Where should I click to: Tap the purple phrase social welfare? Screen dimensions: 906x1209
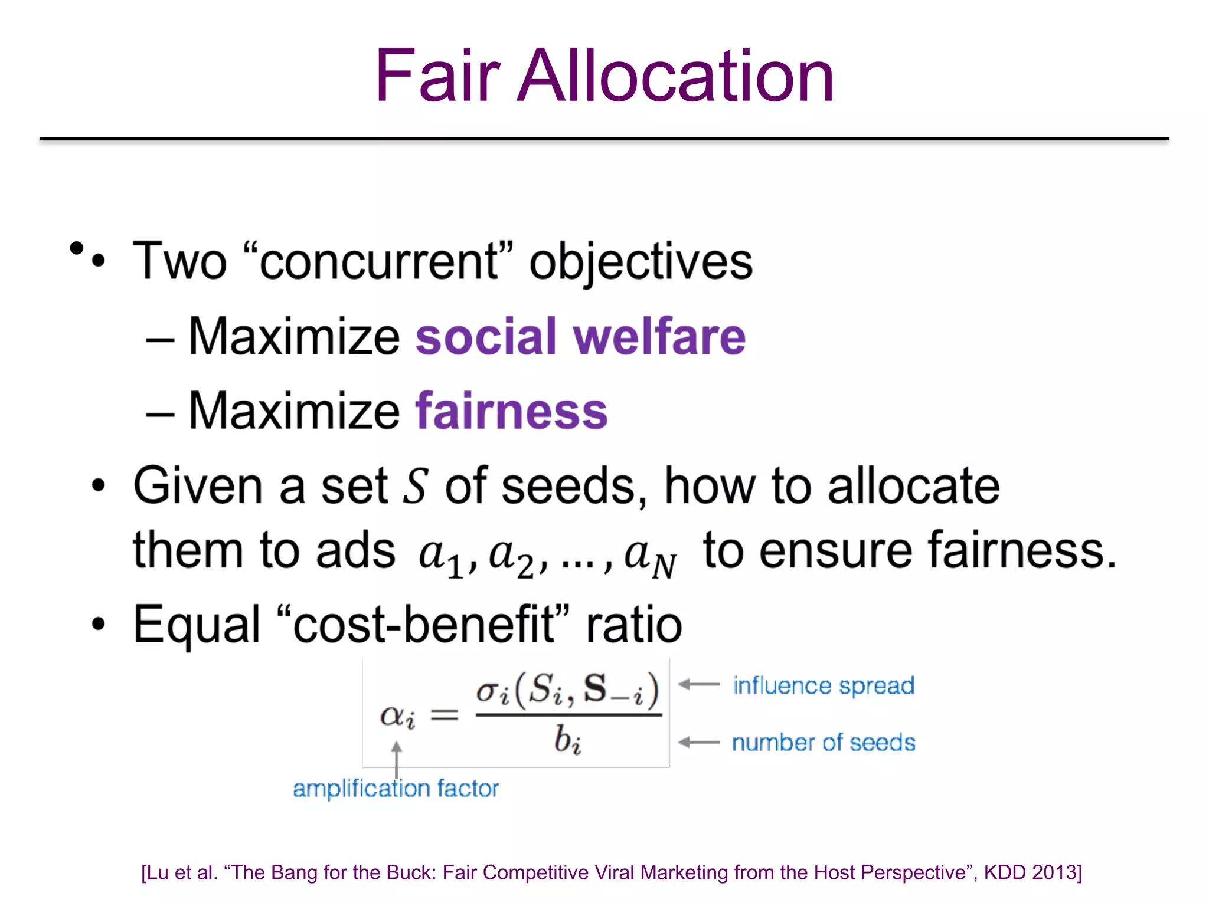pos(580,337)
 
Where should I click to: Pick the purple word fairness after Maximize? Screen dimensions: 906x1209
pos(511,411)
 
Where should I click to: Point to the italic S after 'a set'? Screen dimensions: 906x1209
pos(415,486)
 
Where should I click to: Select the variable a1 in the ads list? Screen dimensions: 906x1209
pos(440,557)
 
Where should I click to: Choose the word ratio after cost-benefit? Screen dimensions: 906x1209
pos(633,625)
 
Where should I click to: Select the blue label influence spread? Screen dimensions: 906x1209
pos(824,686)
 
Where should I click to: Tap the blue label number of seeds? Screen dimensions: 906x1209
pos(824,743)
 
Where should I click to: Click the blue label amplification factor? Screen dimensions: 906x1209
pos(396,789)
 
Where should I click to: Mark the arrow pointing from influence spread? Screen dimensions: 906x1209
pos(700,685)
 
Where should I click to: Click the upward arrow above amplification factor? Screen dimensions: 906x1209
pos(397,758)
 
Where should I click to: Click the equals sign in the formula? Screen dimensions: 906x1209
pos(444,715)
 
